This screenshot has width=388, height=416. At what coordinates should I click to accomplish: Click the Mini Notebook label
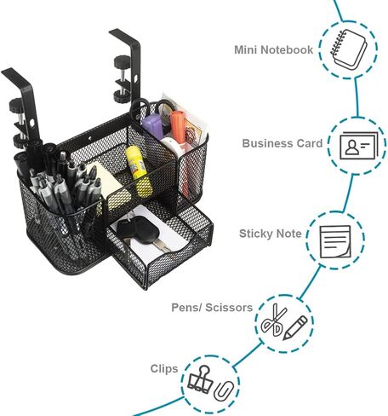coord(273,49)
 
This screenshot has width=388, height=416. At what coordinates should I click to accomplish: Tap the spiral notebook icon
coord(349,49)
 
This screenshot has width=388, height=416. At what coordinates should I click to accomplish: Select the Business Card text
coord(282,143)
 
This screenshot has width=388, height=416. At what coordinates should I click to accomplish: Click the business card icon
coord(359,146)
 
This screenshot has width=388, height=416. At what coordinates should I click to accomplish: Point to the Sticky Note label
coord(270,234)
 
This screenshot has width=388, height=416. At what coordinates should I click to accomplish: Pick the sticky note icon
coord(335,242)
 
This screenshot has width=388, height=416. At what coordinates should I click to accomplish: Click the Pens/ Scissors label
coord(212,308)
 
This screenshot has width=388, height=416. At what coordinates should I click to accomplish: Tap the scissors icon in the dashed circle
coord(273,321)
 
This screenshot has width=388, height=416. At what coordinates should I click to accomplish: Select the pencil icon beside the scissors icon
coord(295,327)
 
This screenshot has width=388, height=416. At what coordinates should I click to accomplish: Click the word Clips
coord(164,368)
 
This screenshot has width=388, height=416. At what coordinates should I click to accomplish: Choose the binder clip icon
coord(200,379)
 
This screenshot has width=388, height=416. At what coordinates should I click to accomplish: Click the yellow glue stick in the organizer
coord(139,171)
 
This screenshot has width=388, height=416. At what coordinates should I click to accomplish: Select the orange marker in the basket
coord(178,127)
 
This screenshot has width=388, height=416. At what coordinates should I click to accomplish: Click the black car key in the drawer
coord(139,229)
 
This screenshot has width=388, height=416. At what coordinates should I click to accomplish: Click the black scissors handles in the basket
coord(151,109)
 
